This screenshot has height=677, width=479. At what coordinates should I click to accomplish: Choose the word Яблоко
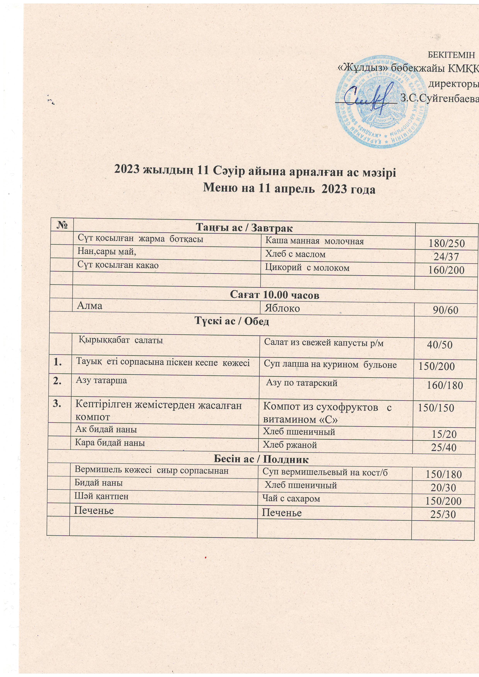pos(282,308)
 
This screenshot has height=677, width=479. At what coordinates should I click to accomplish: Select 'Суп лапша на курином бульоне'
pos(330,365)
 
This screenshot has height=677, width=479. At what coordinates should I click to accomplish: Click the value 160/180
pos(445,385)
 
